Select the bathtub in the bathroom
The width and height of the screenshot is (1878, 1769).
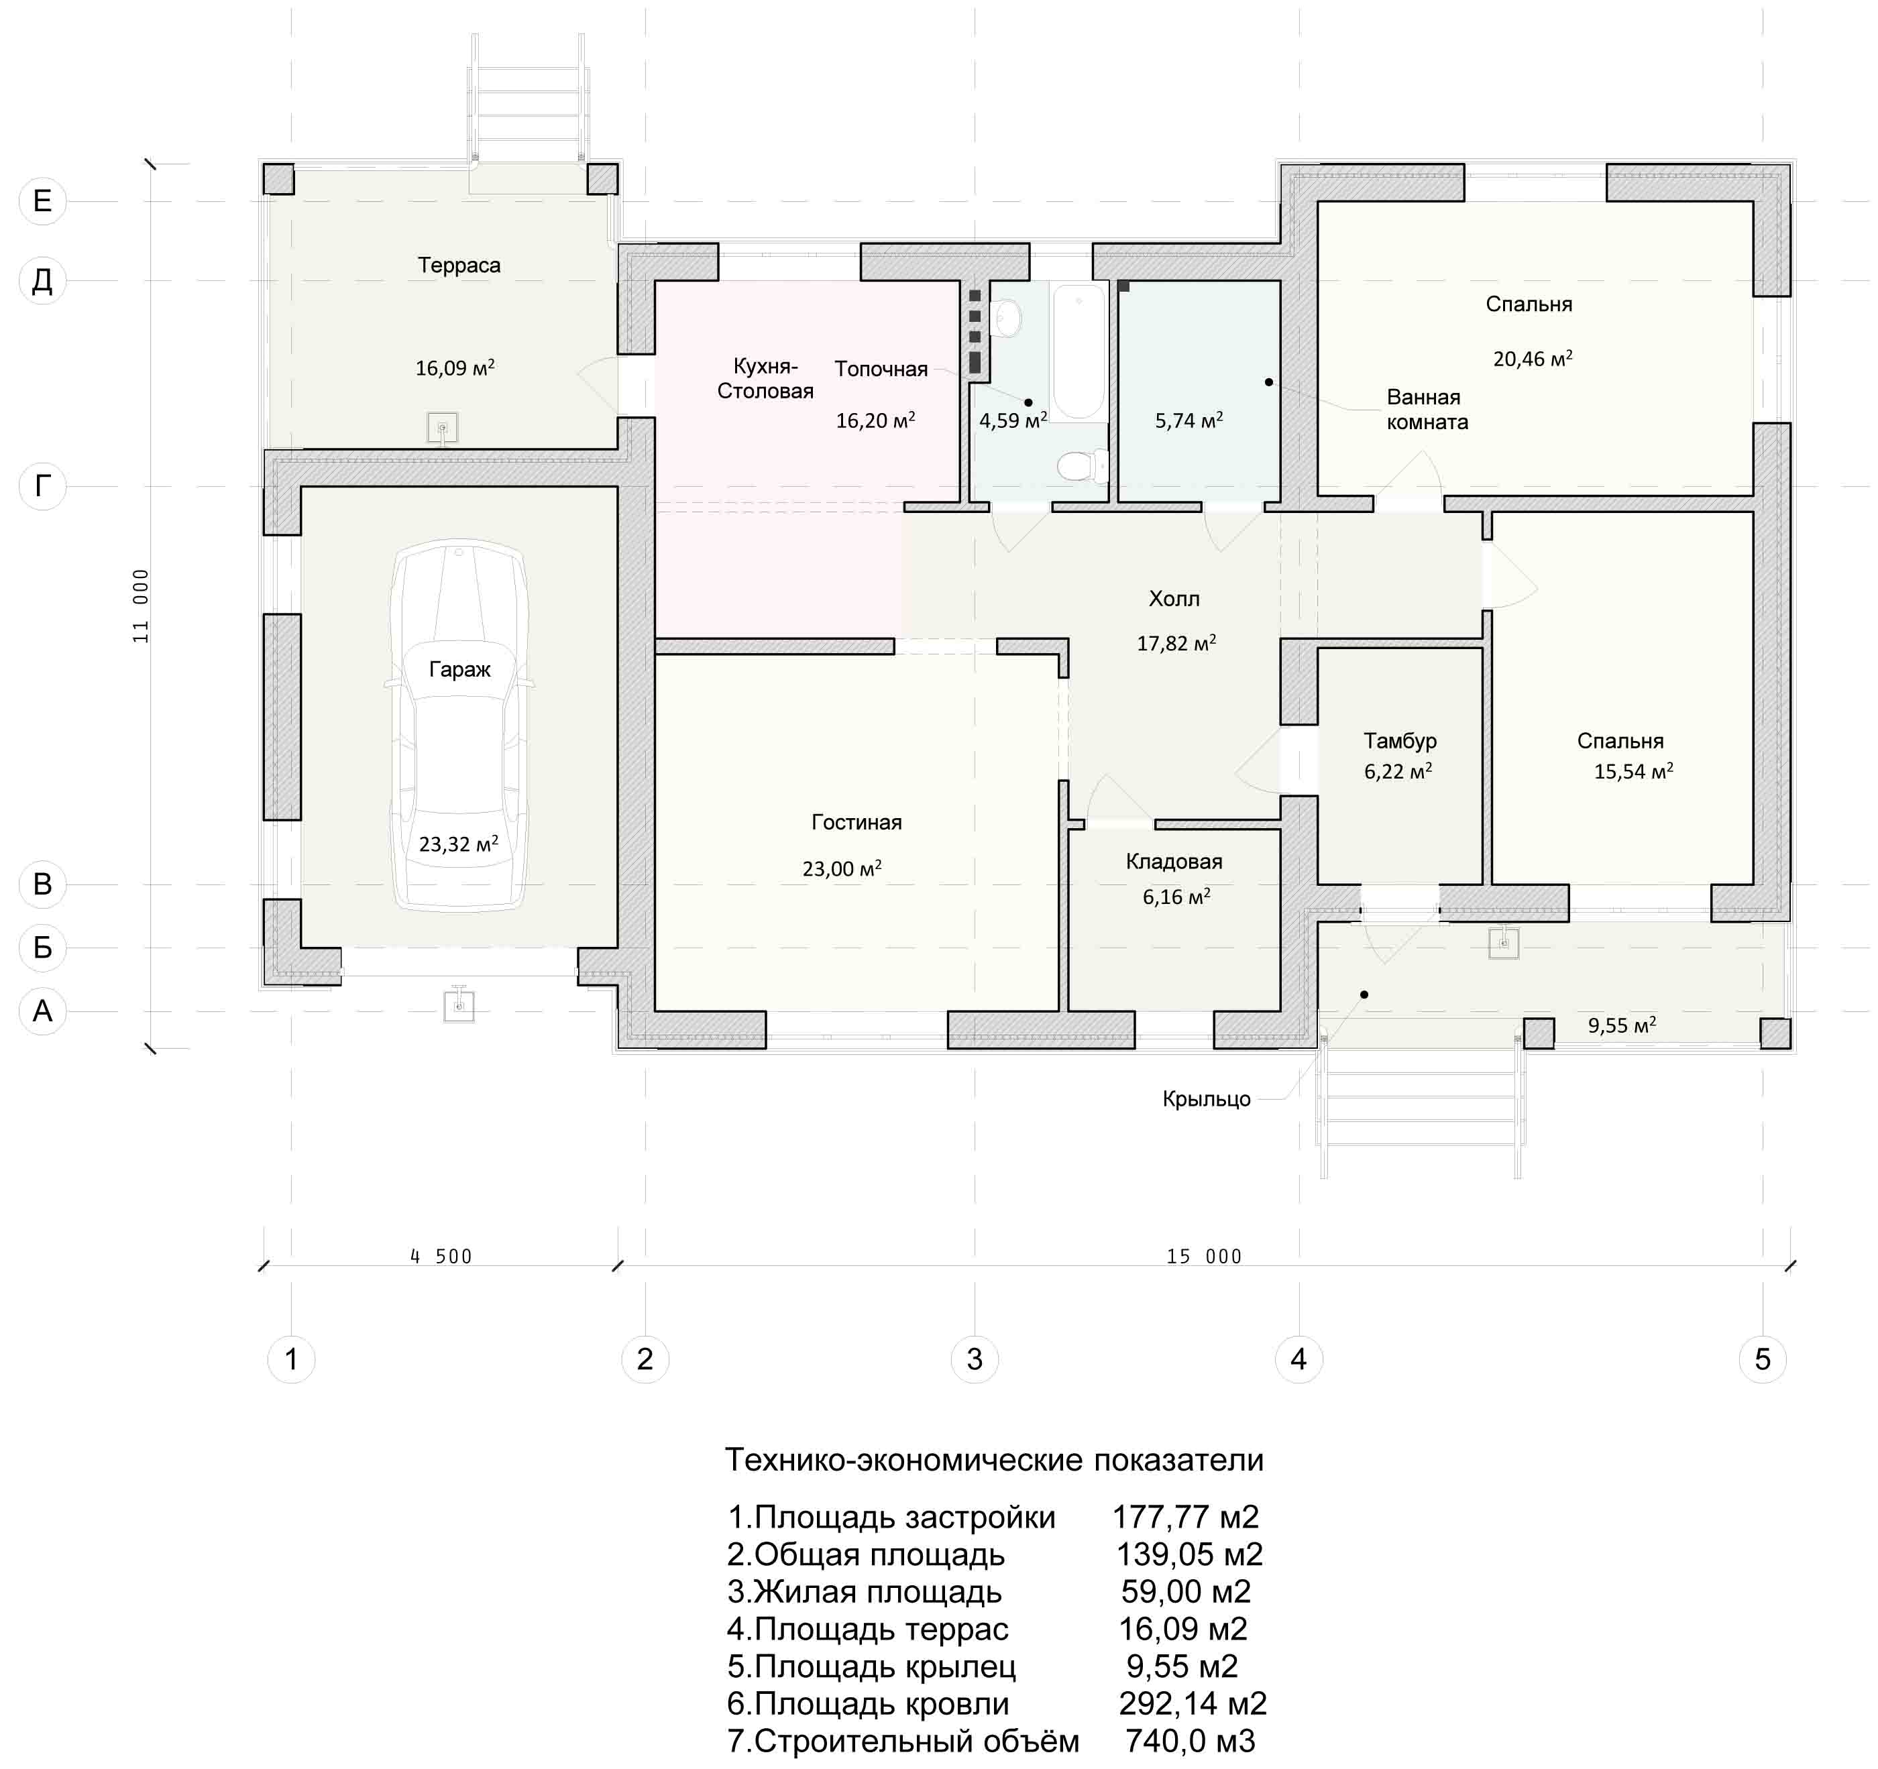(x=1080, y=351)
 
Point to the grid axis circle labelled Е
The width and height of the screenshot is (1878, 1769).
(x=42, y=201)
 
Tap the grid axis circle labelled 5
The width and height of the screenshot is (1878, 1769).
(x=1763, y=1359)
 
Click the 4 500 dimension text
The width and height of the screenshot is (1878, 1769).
(x=441, y=1256)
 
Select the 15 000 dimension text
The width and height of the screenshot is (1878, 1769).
(x=1205, y=1256)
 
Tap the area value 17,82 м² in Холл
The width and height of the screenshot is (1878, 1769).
(x=1176, y=643)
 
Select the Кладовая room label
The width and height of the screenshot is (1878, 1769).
(x=1174, y=861)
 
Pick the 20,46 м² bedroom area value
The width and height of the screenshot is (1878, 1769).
(x=1533, y=358)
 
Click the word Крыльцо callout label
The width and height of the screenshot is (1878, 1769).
(x=1207, y=1099)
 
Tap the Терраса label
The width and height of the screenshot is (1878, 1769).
(x=459, y=266)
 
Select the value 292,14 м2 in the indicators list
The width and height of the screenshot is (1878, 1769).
(x=1192, y=1703)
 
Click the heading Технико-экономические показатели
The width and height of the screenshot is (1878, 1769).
(x=994, y=1460)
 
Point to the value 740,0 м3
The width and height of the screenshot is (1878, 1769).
(x=1191, y=1739)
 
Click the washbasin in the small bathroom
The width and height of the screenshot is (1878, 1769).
(x=1008, y=319)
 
